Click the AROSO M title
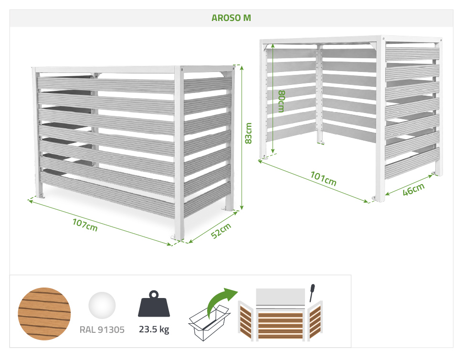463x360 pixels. click(231, 18)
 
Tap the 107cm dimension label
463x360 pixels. click(85, 225)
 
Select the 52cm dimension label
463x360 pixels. click(221, 231)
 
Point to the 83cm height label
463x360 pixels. click(249, 133)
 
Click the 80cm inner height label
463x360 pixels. click(282, 102)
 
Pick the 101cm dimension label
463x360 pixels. click(323, 178)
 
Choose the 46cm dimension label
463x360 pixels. click(414, 189)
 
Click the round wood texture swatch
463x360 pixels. click(44, 314)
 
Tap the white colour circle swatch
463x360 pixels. click(102, 306)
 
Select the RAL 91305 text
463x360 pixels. click(102, 329)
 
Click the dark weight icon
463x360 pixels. click(154, 304)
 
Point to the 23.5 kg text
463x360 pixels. click(154, 329)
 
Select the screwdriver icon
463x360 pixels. click(312, 293)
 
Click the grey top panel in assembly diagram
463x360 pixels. click(280, 297)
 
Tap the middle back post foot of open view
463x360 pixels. click(321, 143)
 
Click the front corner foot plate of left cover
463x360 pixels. click(174, 237)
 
